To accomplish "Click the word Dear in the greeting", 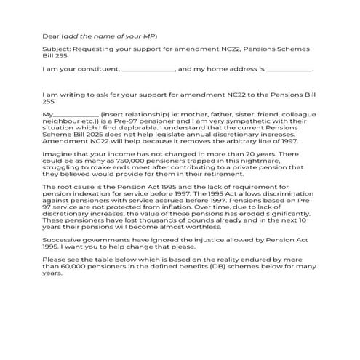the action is (51, 35).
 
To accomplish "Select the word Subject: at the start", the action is (57, 49).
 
